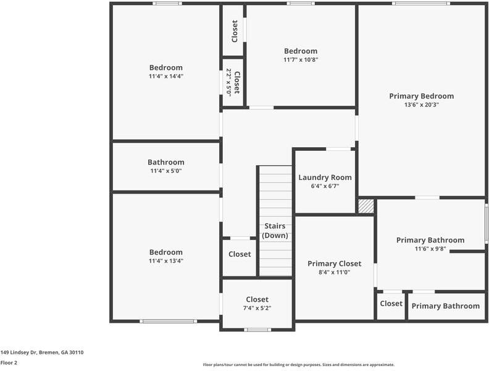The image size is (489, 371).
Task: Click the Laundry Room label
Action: pos(325,177)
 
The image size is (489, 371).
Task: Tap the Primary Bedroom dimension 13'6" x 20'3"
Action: pos(421,105)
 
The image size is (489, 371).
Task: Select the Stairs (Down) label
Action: pos(275,231)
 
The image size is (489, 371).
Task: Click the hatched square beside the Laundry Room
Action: pos(366,206)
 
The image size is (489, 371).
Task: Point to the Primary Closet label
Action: pos(334,263)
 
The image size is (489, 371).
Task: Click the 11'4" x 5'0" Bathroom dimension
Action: pos(165,171)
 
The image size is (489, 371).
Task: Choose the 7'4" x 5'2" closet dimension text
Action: pos(257,308)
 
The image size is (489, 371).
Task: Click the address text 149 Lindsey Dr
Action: pos(41,352)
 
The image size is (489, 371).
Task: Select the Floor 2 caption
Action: pos(9,363)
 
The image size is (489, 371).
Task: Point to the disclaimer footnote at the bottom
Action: pos(299,365)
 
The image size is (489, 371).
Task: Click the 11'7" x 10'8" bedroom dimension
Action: pos(301,60)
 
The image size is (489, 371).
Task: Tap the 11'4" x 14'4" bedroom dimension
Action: pos(165,76)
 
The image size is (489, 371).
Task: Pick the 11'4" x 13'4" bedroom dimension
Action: pos(165,261)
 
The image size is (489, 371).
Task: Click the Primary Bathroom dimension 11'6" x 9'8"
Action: pos(430,249)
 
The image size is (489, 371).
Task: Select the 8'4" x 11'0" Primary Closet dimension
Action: pos(334,272)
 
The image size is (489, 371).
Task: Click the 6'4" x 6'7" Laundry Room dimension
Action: pos(325,186)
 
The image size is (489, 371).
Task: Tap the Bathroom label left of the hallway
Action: pos(165,162)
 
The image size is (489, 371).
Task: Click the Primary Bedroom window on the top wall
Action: pos(421,4)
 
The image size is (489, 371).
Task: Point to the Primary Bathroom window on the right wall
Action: pos(487,223)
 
